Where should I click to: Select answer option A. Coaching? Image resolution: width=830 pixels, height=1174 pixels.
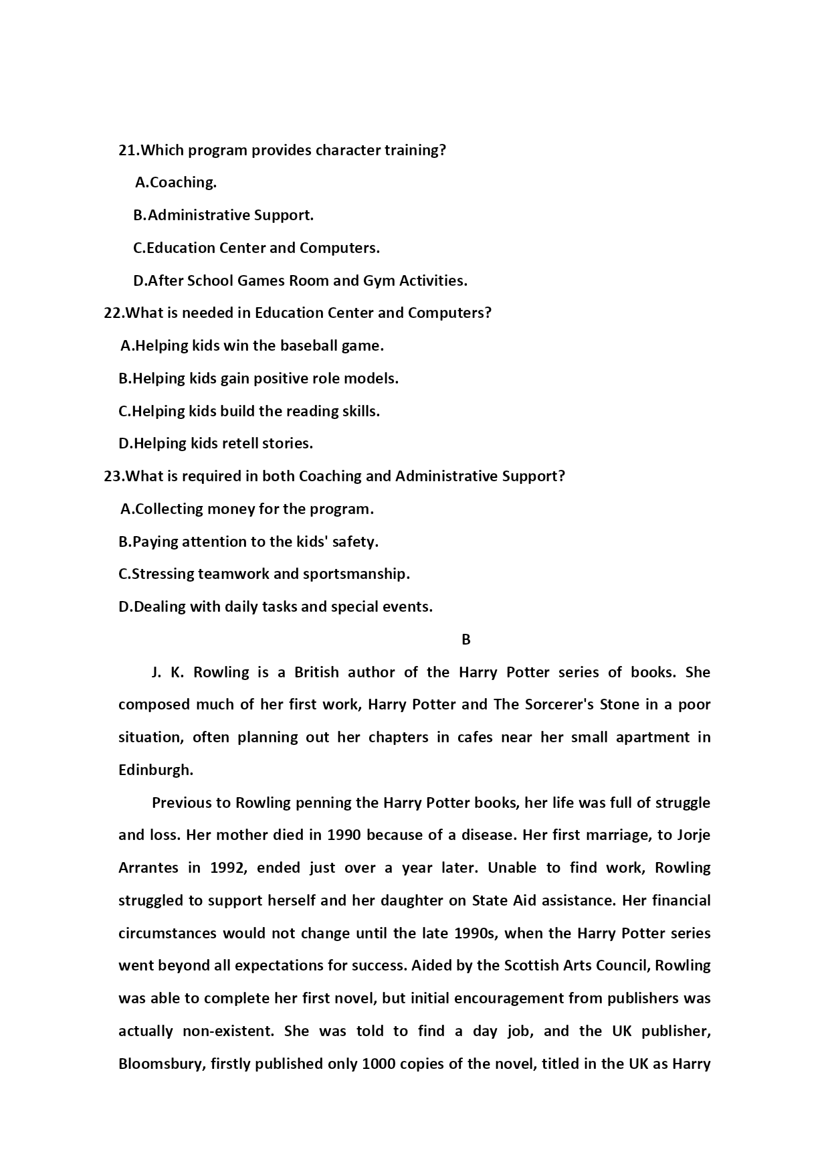pos(176,183)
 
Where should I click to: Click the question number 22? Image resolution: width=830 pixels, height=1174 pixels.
pos(113,313)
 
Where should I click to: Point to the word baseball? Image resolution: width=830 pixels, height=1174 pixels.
pos(308,346)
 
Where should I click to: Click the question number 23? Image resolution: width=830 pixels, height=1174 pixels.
pos(113,477)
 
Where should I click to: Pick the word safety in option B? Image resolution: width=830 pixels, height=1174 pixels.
pos(354,542)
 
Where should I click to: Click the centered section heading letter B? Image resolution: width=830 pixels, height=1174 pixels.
pos(466,640)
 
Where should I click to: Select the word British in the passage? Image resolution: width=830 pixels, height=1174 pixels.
pos(316,672)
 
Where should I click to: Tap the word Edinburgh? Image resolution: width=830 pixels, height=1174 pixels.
pos(155,770)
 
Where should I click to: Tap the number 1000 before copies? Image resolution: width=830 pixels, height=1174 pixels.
pos(380,1064)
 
